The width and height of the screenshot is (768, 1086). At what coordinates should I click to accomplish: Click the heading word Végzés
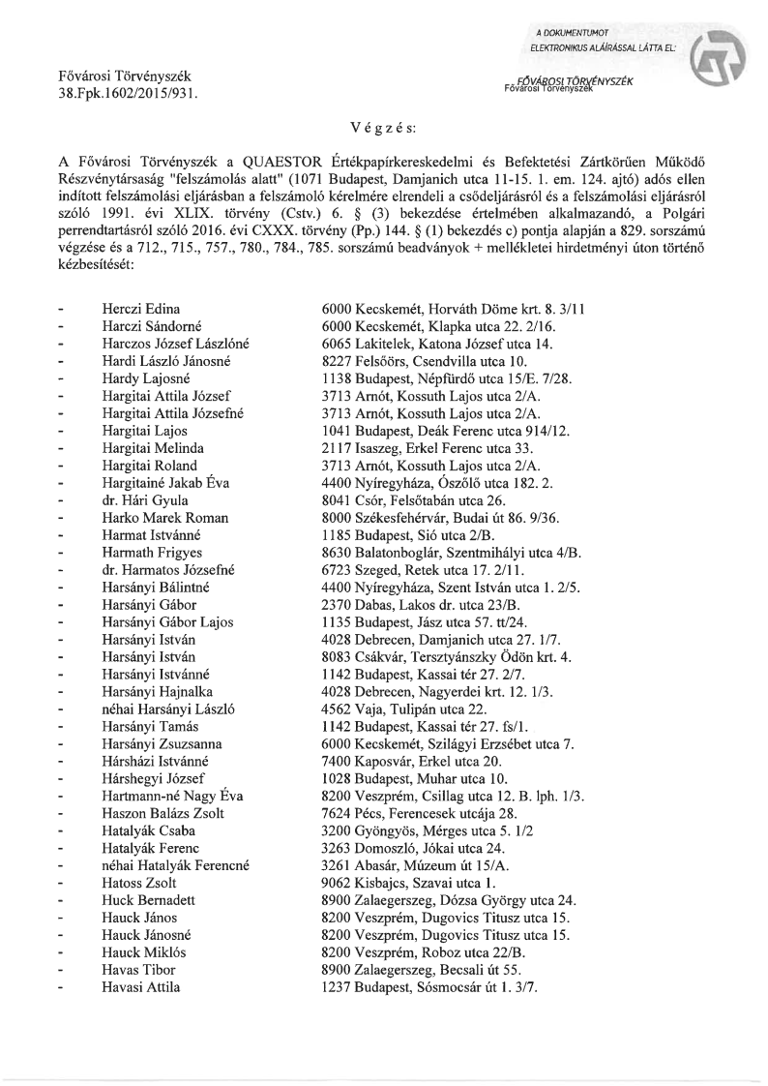385,127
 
